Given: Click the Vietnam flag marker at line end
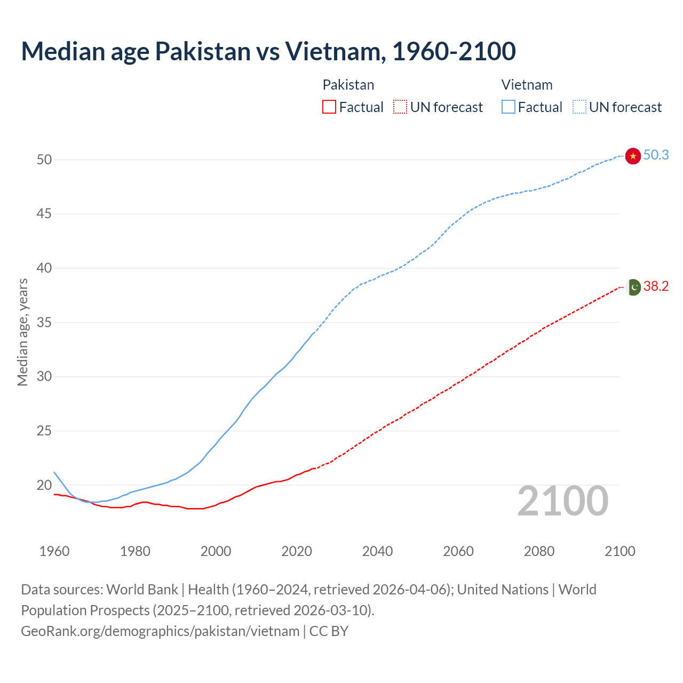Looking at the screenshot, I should coord(633,156).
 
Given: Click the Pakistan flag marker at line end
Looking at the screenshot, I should coord(633,287).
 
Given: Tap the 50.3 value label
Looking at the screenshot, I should coord(656,155).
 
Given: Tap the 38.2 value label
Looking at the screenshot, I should coord(656,287).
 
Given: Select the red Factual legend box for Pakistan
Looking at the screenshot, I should coord(329,107).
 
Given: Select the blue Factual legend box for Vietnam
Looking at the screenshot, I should coord(508,107).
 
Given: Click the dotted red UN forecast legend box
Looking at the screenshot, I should coord(400,107).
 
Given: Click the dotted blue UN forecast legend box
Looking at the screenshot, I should coord(579,107).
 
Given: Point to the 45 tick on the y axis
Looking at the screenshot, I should coord(44,214).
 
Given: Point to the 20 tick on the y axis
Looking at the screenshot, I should coord(44,485).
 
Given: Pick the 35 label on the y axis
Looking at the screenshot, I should coord(44,322).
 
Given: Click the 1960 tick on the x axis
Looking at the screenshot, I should coord(54,551).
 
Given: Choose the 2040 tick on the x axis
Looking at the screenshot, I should coord(377,551).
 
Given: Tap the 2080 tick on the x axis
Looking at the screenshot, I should coord(539,551).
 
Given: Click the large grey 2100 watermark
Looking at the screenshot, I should coord(563,501).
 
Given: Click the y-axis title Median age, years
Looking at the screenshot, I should coord(22,332).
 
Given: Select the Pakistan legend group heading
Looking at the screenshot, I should coord(348,85).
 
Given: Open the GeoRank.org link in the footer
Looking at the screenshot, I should coord(160,631).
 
